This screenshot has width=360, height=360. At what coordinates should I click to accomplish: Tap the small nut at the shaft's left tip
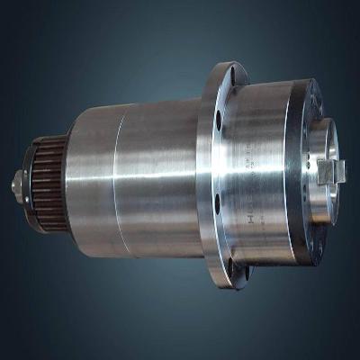[18, 187]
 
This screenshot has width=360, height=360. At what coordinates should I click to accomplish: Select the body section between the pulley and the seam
[90, 180]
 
